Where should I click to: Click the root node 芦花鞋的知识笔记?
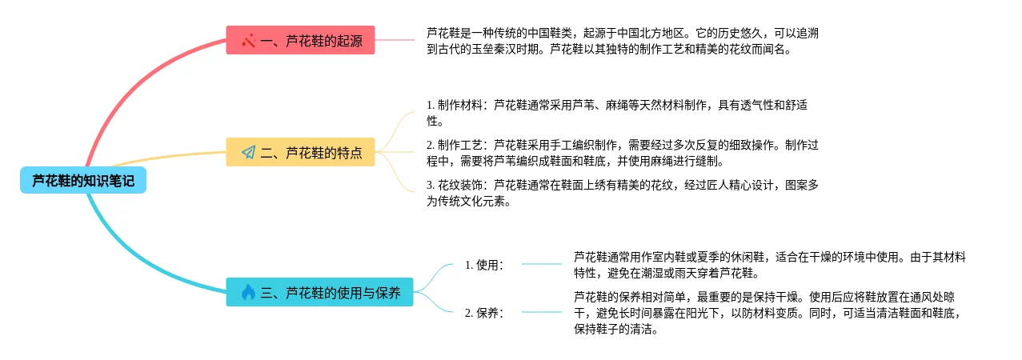(83, 181)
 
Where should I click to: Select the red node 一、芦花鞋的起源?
(300, 40)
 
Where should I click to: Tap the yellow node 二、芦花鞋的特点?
(300, 152)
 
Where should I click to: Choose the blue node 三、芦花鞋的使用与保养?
(319, 292)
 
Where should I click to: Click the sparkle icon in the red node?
(248, 40)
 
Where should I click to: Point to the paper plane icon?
(248, 152)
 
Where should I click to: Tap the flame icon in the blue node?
(248, 292)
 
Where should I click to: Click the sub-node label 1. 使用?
(484, 265)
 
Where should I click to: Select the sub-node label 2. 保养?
(484, 313)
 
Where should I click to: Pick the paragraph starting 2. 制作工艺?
(622, 153)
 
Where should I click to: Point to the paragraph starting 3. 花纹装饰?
(622, 193)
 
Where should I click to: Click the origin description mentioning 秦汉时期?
(622, 41)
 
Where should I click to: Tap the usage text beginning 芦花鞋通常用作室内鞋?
(768, 265)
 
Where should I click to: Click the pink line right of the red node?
(395, 39)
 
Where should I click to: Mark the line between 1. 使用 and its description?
(542, 264)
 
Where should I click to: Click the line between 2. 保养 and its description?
(542, 312)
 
